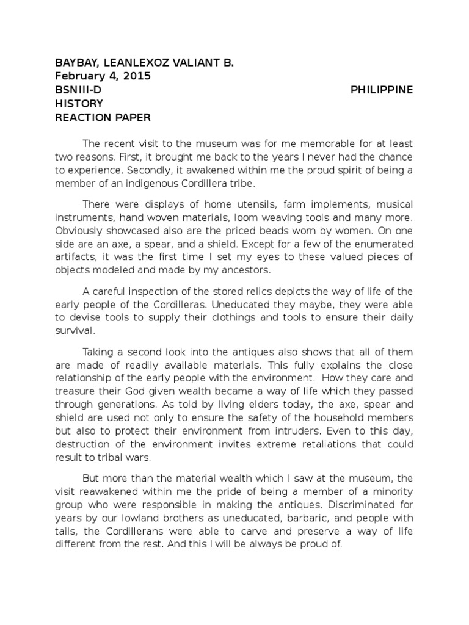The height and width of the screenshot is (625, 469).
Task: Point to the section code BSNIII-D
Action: pos(78,90)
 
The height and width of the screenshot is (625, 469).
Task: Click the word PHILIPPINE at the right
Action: pos(382,90)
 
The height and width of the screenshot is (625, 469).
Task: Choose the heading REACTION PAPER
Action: pos(103,117)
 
